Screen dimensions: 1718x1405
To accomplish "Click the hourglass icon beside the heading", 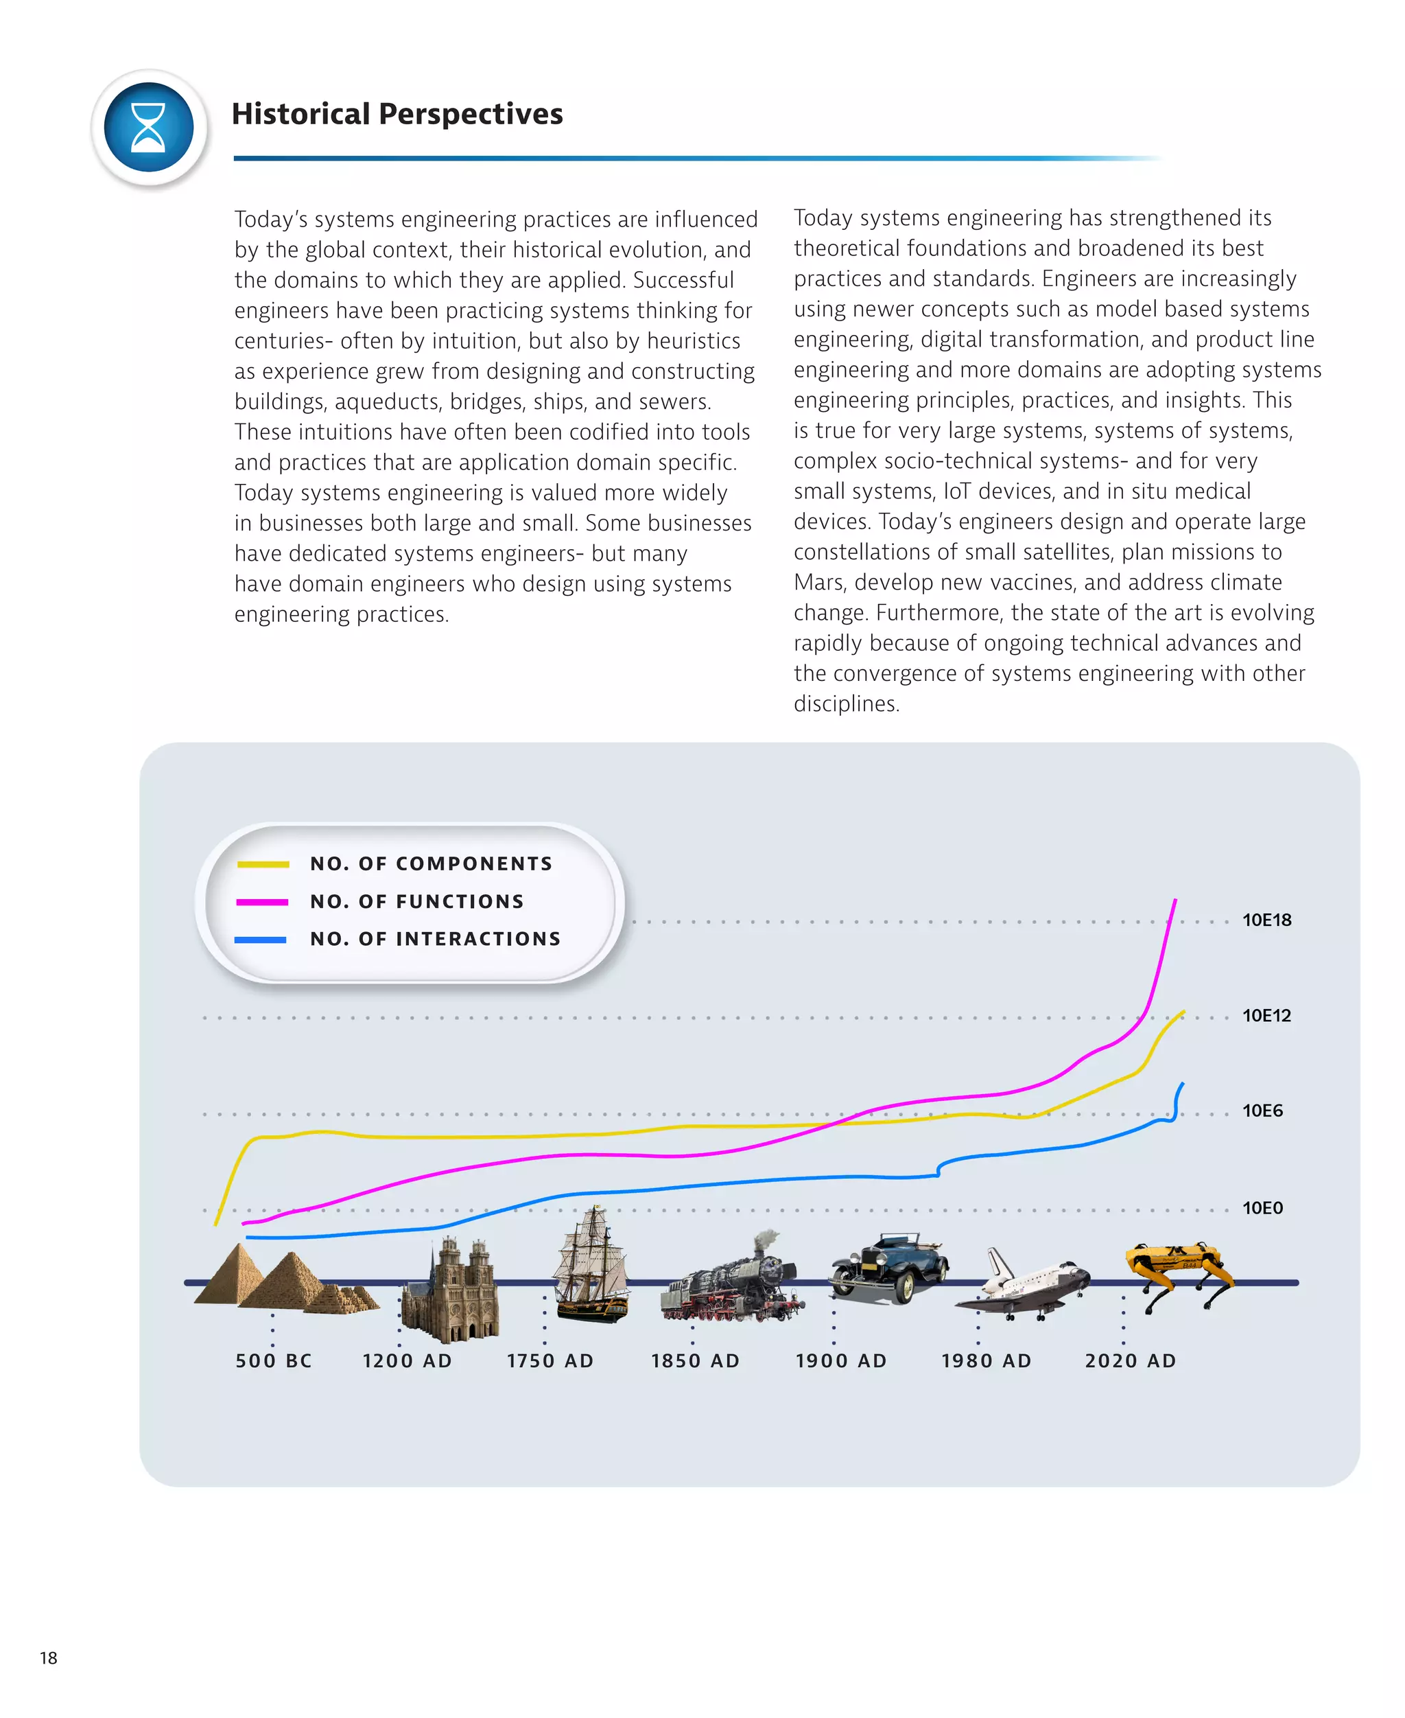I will point(149,128).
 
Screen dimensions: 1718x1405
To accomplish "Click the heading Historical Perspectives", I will point(397,114).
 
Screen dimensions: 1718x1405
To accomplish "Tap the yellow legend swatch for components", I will point(263,864).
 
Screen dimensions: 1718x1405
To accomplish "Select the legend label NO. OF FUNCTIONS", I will point(417,901).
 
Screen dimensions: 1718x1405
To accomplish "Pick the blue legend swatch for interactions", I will point(261,940).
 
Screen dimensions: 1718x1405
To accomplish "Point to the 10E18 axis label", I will point(1266,920).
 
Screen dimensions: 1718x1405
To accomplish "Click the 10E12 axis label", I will point(1266,1015).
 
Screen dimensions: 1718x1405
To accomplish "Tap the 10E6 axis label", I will point(1262,1111).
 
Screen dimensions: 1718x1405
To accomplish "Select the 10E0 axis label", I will point(1262,1208).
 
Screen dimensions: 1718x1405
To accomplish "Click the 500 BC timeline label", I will point(274,1361).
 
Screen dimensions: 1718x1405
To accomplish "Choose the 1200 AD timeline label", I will point(407,1361).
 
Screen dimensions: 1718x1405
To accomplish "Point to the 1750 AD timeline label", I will point(550,1361).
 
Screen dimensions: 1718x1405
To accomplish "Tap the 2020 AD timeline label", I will point(1130,1361).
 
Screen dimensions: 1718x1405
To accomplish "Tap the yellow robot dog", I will point(1177,1273).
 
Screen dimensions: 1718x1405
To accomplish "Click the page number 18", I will point(49,1658).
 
